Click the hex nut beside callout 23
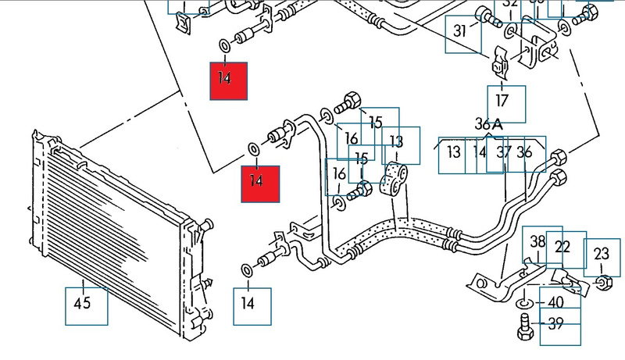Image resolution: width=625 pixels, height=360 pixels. click(603, 281)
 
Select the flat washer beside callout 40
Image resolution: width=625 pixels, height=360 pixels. click(523, 302)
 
